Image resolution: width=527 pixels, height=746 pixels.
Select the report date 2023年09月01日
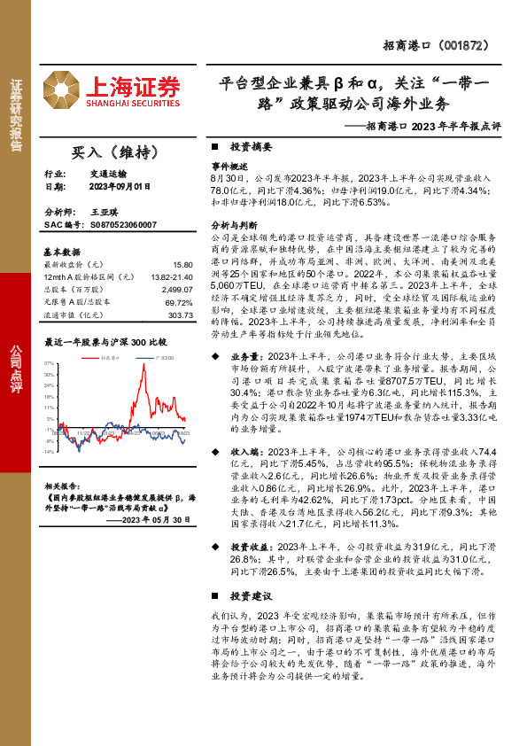pyautogui.click(x=120, y=187)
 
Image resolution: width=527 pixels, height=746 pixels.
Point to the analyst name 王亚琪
pyautogui.click(x=104, y=214)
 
